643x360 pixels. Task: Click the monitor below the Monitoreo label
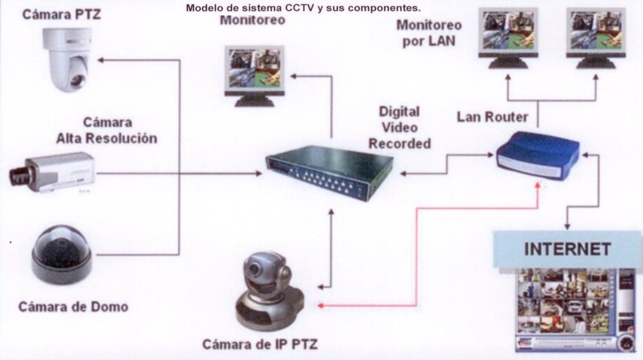(x=255, y=75)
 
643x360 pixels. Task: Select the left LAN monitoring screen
(x=508, y=38)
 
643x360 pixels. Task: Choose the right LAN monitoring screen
(x=596, y=38)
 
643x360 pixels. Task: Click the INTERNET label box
(x=567, y=249)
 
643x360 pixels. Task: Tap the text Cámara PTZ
(x=61, y=15)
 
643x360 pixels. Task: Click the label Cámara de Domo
(x=73, y=307)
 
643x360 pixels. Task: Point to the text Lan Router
(x=492, y=117)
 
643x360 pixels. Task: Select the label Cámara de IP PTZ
(x=260, y=345)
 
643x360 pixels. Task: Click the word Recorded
(x=400, y=144)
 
